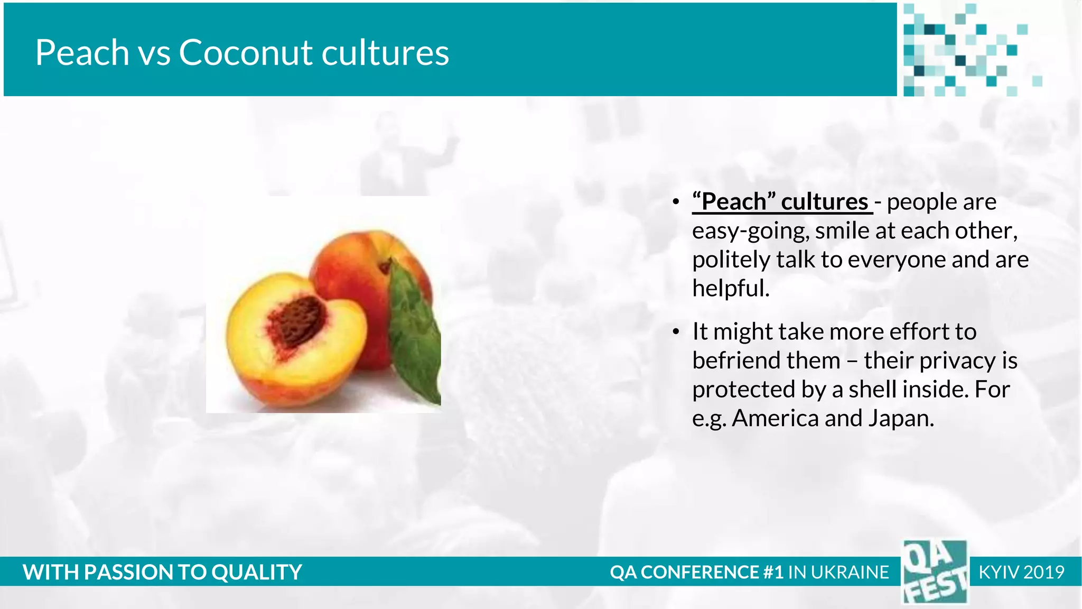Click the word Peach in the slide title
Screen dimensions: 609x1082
coord(82,53)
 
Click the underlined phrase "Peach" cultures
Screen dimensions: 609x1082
coord(782,202)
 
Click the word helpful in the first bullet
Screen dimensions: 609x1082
coord(730,289)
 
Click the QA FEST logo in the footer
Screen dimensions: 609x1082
coord(934,572)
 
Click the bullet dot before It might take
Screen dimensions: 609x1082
coord(676,332)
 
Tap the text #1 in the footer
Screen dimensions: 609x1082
coord(773,573)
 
